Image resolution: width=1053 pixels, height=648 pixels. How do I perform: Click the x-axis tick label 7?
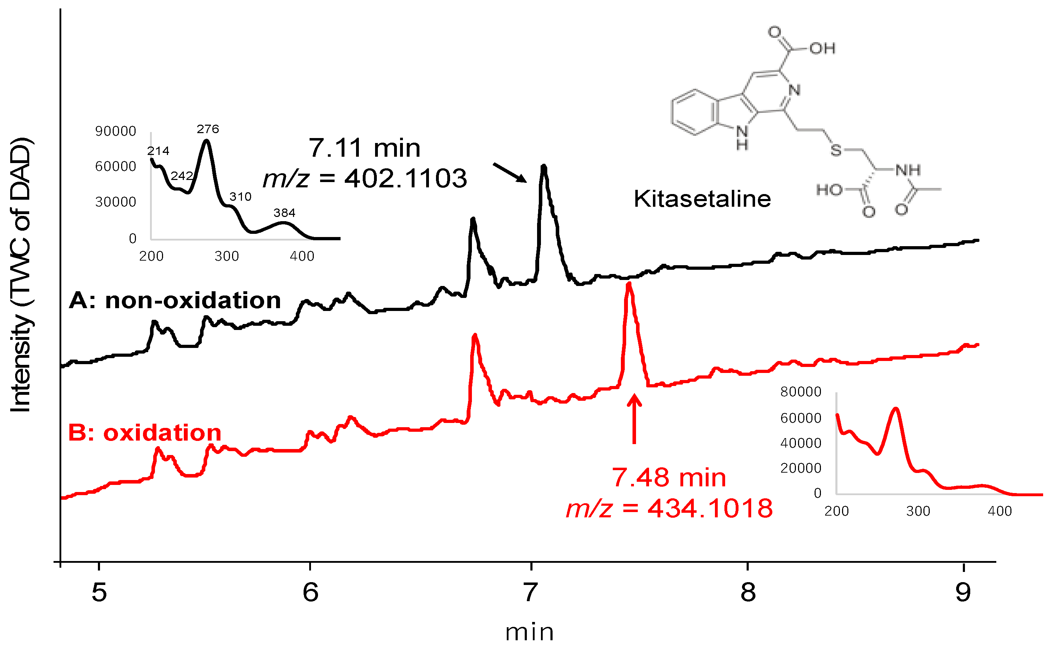(531, 592)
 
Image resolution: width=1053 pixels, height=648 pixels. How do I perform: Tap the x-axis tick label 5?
(99, 592)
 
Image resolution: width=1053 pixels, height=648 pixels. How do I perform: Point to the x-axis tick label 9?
(962, 592)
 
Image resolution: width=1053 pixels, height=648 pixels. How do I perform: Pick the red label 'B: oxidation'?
(145, 432)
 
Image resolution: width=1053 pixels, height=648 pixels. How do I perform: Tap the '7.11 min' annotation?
(364, 148)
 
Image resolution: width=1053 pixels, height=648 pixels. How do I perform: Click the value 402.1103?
(405, 178)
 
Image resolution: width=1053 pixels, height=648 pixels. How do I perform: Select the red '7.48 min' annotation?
(668, 478)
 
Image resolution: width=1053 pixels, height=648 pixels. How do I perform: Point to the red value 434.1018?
(710, 508)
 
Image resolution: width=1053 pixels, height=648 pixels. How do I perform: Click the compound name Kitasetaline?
(702, 199)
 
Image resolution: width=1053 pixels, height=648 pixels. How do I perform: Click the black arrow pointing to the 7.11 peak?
(510, 173)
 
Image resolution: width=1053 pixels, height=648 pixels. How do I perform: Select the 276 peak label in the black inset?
(208, 129)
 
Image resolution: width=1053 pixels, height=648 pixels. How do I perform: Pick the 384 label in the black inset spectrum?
(285, 213)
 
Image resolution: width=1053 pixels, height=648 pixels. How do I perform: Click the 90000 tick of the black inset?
(116, 131)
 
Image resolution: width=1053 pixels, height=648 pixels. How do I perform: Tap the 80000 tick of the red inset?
(800, 392)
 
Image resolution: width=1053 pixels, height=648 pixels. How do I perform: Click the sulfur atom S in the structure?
(836, 150)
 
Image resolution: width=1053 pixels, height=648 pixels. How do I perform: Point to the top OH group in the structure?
(822, 49)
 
